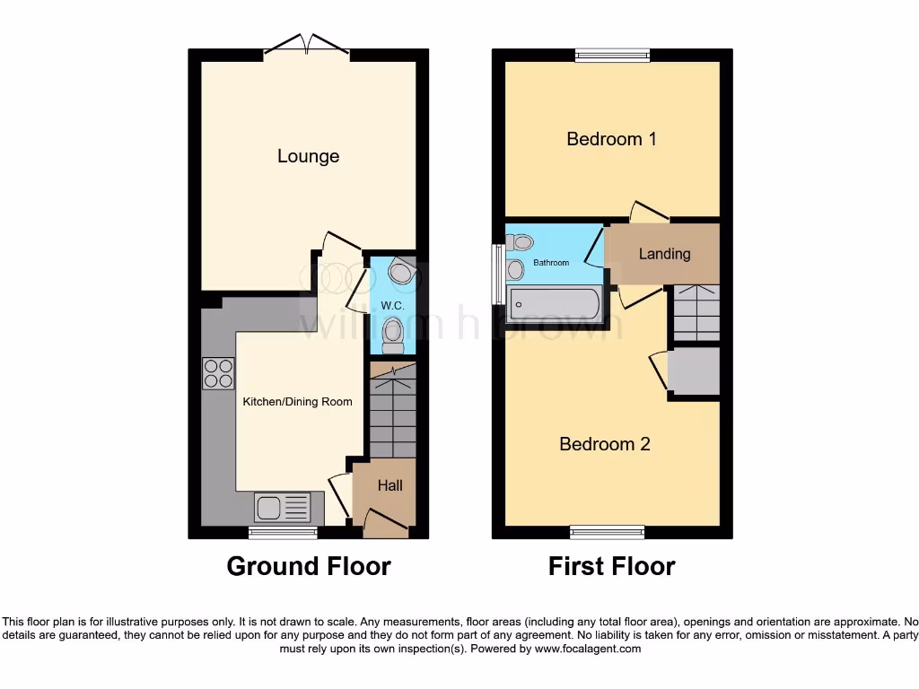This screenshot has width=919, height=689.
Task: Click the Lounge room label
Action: point(308,156)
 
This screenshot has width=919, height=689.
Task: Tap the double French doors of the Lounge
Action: point(307,46)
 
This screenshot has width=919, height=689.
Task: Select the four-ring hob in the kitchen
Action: point(218,372)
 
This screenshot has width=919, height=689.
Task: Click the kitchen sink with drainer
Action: point(283,508)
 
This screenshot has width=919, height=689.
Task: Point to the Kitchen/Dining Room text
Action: point(297,401)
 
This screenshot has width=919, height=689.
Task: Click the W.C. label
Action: point(391,306)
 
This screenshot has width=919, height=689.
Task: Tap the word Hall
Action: point(389,485)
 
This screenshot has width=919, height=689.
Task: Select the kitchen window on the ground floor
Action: point(283,533)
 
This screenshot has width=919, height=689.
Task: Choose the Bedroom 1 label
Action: point(611,139)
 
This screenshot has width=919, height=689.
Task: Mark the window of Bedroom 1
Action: point(612,56)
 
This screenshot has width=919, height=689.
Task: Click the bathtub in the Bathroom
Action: point(553,304)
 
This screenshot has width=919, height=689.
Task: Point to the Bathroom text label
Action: point(551,263)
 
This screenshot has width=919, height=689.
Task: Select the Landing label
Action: point(664,254)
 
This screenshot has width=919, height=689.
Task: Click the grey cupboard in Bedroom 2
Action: point(694,371)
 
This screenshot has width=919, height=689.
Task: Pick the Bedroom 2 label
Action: point(604,444)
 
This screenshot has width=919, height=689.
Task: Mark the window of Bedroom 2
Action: point(606,533)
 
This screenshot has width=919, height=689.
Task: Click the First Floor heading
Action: point(611,566)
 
